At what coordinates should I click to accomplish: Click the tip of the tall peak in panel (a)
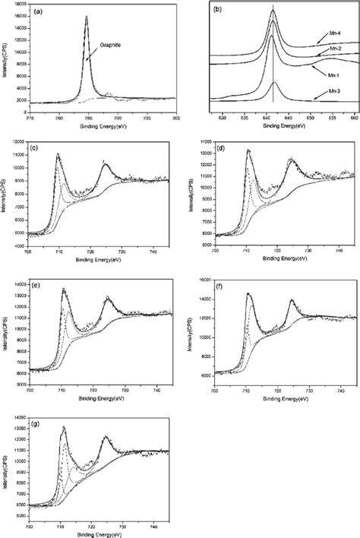tap(87, 16)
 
